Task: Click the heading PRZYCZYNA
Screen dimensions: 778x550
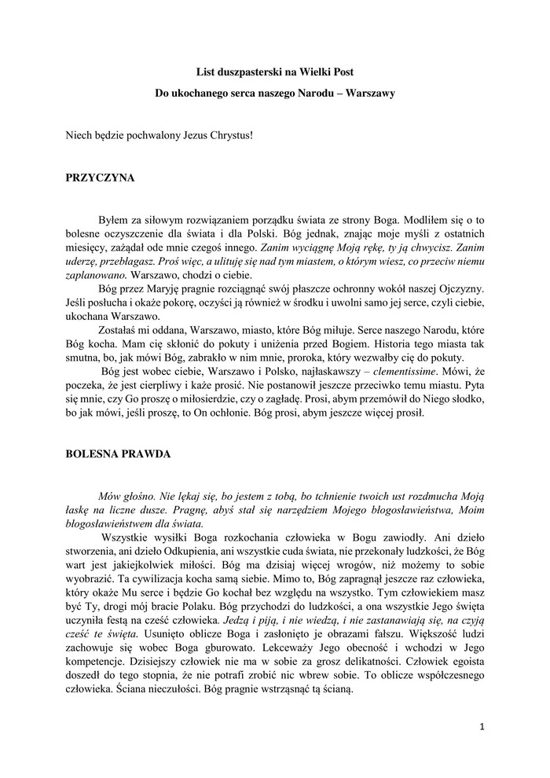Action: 100,178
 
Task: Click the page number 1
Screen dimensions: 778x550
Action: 481,727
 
